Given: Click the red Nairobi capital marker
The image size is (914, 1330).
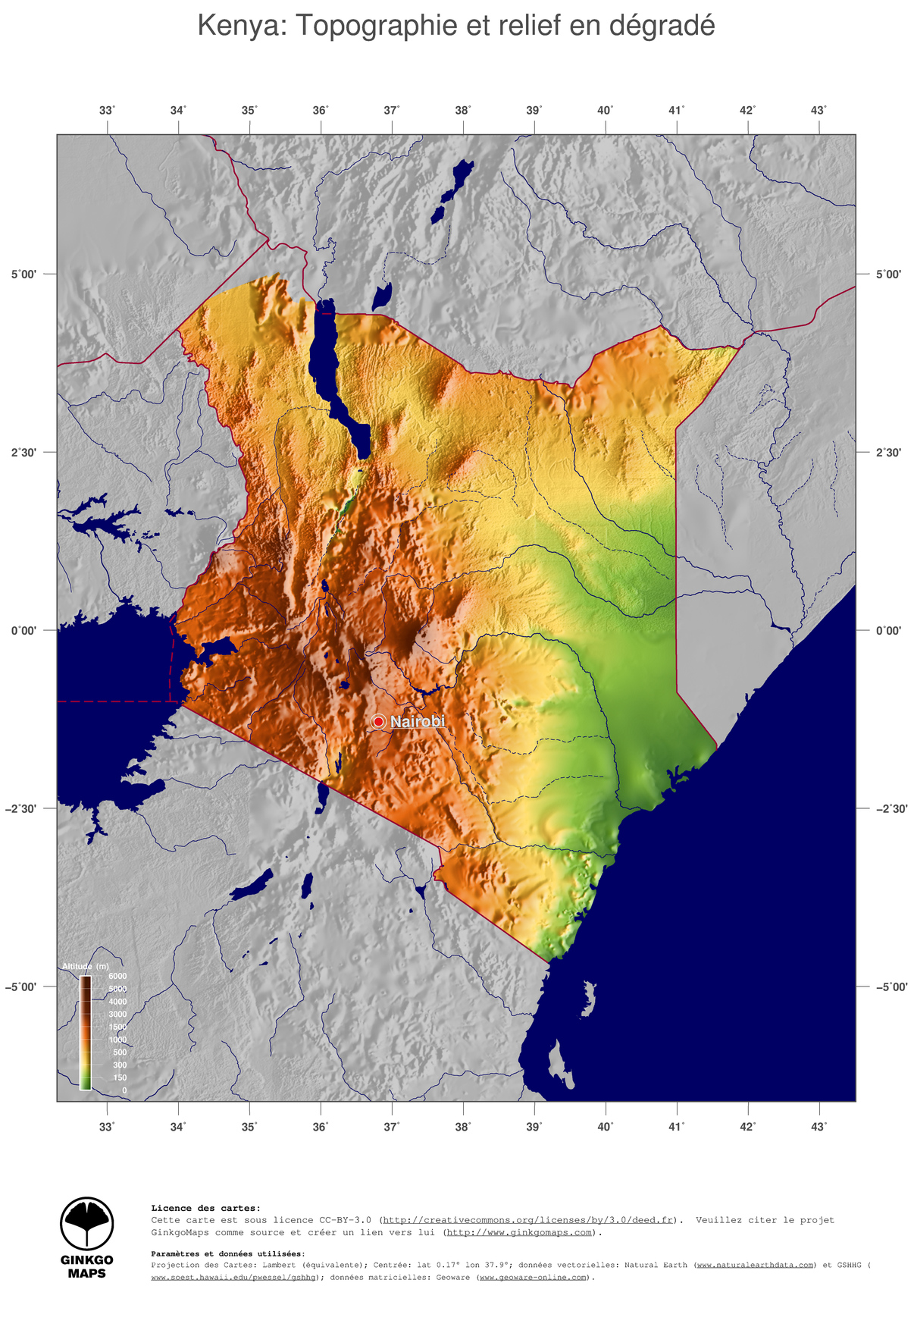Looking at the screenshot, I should tap(378, 722).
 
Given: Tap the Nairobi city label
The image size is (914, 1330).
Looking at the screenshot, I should tap(418, 721).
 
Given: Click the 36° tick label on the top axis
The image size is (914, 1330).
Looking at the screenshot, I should tap(321, 111).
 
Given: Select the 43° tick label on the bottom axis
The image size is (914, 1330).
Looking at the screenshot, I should tap(819, 1127).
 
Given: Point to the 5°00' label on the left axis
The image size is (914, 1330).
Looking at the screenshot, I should tap(23, 274).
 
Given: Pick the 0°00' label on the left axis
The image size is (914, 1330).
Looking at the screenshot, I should tap(23, 631).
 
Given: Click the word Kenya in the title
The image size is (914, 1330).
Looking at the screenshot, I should tap(239, 26).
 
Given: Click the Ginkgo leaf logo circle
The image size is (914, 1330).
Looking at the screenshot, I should tap(87, 1224).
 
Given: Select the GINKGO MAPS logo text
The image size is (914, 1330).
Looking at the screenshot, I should tap(87, 1266).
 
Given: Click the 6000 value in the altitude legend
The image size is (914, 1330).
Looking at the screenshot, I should tap(117, 976).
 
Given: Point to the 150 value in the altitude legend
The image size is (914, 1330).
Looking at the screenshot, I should tap(120, 1077).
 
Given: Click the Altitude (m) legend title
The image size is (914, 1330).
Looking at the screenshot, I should tap(86, 966).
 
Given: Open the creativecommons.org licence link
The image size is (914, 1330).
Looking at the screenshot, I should tap(528, 1220).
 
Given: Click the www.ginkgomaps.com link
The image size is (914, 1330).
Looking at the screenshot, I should tap(519, 1232).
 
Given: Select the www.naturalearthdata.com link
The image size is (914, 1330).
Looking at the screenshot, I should tap(756, 1265).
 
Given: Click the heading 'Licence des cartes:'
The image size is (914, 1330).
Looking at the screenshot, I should tap(205, 1208).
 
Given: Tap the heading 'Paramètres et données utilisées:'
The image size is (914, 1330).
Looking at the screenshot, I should tap(228, 1253).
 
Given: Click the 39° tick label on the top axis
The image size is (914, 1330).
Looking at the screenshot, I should tap(534, 111).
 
